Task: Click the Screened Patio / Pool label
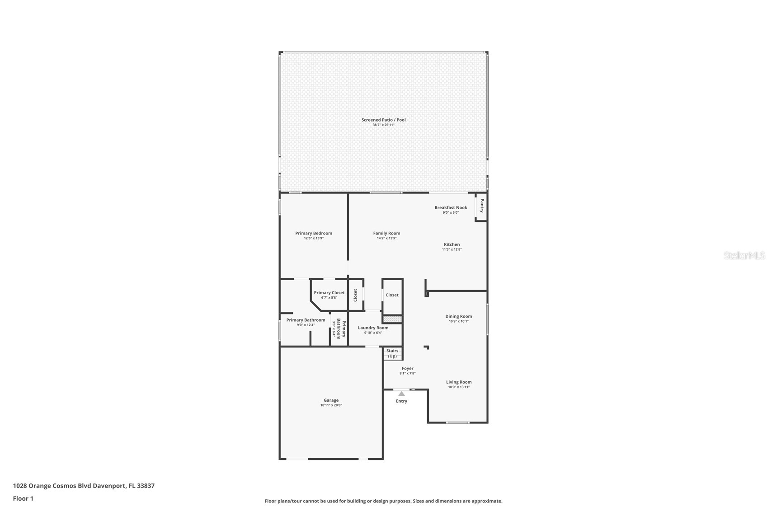click(x=383, y=120)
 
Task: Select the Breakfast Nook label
click(x=451, y=207)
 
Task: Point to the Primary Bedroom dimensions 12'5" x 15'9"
click(x=314, y=238)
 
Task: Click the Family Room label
click(x=386, y=233)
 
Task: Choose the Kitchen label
click(x=452, y=244)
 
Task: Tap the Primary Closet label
click(x=329, y=292)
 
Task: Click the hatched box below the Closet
click(x=392, y=319)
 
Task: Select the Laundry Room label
click(x=373, y=328)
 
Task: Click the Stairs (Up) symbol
click(x=392, y=353)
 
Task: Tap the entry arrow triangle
click(x=401, y=394)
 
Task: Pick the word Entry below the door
click(x=401, y=401)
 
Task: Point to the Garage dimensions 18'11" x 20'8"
click(x=331, y=405)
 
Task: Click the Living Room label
click(x=459, y=382)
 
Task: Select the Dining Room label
click(x=458, y=316)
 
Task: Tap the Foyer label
click(x=407, y=368)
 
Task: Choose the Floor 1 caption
click(x=23, y=499)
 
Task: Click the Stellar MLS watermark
click(x=744, y=256)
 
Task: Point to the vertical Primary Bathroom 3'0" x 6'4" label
click(x=339, y=329)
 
